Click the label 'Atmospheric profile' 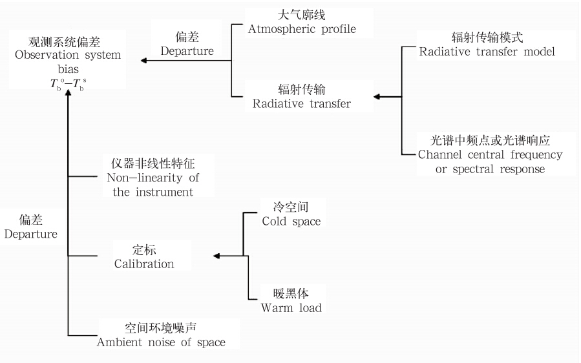click(302, 29)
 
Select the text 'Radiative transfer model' click(487, 52)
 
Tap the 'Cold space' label click(291, 221)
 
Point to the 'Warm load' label click(291, 307)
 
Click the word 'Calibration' click(144, 264)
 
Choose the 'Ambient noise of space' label click(161, 342)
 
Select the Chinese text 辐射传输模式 click(487, 37)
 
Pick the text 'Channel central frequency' click(491, 155)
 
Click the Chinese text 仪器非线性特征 click(150, 163)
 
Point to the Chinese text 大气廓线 click(302, 15)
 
